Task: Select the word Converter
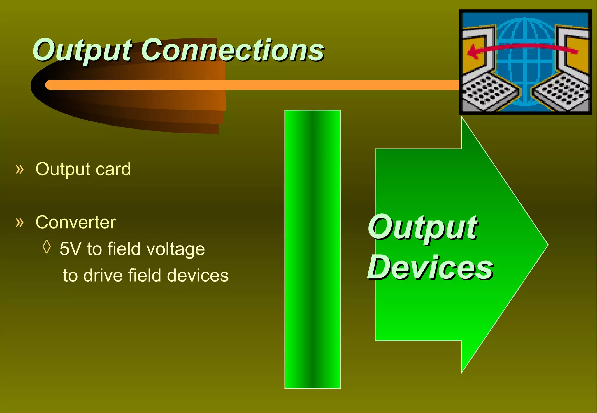pyautogui.click(x=75, y=222)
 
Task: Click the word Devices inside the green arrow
pyautogui.click(x=430, y=267)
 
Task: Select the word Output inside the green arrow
pyautogui.click(x=422, y=227)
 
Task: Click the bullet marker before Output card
pyautogui.click(x=20, y=169)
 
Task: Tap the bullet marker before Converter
pyautogui.click(x=20, y=222)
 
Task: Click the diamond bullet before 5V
pyautogui.click(x=47, y=247)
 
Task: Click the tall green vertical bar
pyautogui.click(x=312, y=249)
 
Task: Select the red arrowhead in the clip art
pyautogui.click(x=473, y=52)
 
